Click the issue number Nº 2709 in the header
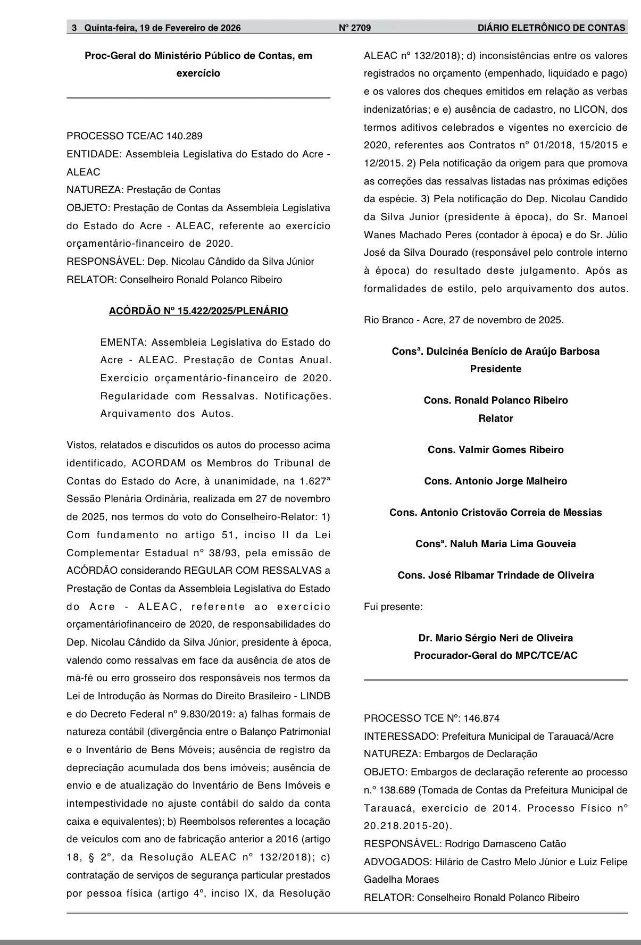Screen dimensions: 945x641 click(x=355, y=28)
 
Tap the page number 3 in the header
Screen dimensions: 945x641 click(x=74, y=28)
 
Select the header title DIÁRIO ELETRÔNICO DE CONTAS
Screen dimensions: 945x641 click(x=551, y=28)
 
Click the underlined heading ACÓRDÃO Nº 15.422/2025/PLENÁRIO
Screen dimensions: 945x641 click(x=198, y=311)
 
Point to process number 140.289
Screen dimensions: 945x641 click(x=185, y=136)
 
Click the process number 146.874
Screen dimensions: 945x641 click(x=481, y=718)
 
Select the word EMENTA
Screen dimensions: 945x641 click(x=123, y=342)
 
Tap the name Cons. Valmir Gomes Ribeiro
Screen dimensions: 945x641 click(x=495, y=450)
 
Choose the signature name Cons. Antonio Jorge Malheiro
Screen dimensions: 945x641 click(x=495, y=481)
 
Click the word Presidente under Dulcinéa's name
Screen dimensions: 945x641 click(x=495, y=369)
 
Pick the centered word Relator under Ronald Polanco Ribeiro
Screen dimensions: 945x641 click(x=495, y=419)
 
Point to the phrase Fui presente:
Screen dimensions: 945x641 click(x=393, y=607)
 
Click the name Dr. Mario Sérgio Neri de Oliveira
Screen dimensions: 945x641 click(x=495, y=638)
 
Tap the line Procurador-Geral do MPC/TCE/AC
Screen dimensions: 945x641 click(x=495, y=656)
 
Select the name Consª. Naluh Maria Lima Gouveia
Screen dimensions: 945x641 click(x=495, y=544)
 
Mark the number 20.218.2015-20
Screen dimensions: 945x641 click(x=407, y=826)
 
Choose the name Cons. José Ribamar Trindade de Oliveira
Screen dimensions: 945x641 click(x=495, y=575)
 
